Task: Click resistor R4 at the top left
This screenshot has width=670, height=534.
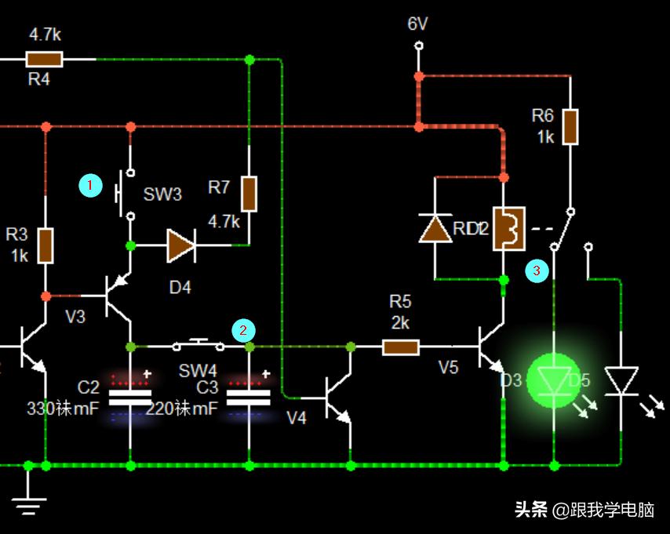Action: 44,59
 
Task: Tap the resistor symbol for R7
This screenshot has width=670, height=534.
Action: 249,194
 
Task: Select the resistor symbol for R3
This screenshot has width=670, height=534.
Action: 46,245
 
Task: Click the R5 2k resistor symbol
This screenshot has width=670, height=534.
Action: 400,346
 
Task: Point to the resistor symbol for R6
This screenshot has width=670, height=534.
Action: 570,127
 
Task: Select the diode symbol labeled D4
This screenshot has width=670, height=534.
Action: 180,246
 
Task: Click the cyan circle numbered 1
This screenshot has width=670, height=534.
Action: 91,186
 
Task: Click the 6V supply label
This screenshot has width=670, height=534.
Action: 417,24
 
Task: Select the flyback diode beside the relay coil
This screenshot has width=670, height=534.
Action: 435,227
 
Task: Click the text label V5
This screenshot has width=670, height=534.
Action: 448,367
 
